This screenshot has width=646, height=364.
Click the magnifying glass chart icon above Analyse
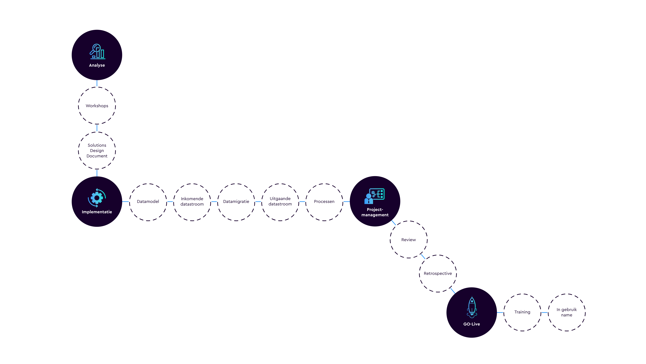[97, 52]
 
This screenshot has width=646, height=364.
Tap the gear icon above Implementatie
[97, 198]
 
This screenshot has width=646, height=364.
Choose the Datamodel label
[148, 202]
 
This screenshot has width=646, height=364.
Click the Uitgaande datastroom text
[280, 201]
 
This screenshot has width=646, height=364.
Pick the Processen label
[324, 202]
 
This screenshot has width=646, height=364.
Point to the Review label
[409, 240]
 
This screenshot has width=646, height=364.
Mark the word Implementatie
[97, 212]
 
